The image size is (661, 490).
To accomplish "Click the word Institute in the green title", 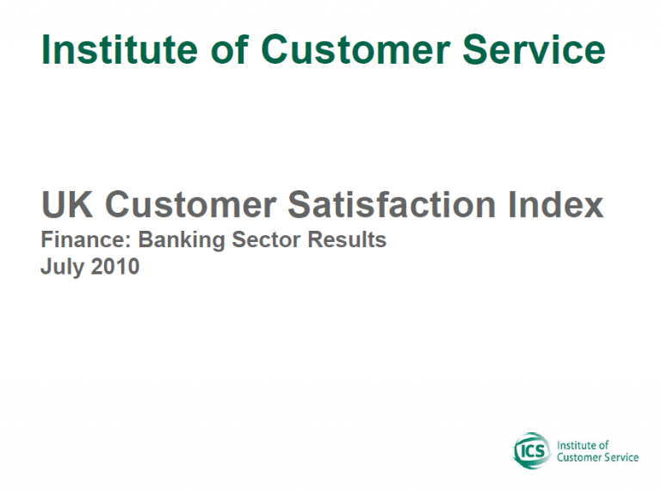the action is (120, 50).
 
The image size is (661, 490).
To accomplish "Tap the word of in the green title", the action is (230, 49).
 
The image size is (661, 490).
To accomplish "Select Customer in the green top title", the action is (355, 50).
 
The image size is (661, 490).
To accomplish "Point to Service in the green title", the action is (534, 50).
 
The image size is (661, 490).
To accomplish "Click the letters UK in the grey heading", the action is (67, 204).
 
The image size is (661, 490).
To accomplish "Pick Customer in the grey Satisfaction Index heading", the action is (190, 204).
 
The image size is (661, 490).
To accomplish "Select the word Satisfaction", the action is (392, 204).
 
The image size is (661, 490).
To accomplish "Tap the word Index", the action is (556, 204).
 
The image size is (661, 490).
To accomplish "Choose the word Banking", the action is (182, 241).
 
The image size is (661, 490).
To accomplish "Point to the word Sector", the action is (266, 240).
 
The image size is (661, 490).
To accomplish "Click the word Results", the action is (347, 240).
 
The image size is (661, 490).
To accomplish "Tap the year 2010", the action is (114, 266).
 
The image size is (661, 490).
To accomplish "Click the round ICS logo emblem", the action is (532, 450).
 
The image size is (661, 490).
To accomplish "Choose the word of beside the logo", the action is (603, 445).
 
